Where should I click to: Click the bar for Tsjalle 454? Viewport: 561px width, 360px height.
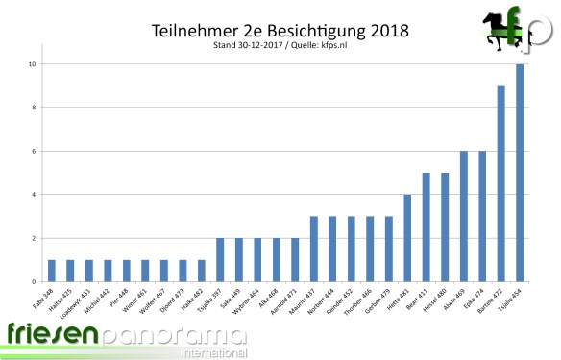[521, 173]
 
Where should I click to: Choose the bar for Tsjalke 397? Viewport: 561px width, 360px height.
[220, 260]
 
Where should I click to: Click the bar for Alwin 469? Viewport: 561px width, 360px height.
[464, 216]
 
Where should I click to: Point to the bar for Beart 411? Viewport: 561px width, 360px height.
[427, 228]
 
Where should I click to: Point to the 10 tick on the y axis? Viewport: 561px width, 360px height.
[32, 64]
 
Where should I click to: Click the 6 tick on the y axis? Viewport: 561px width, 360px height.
[34, 152]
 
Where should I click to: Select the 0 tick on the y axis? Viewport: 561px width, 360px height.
[34, 282]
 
